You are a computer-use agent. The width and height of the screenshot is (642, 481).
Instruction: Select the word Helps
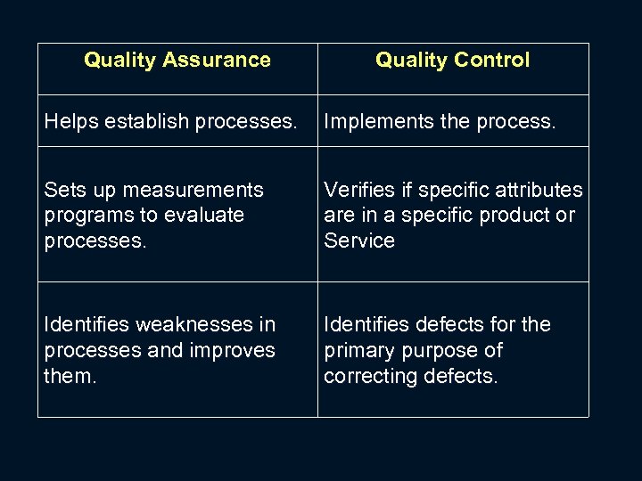pyautogui.click(x=69, y=121)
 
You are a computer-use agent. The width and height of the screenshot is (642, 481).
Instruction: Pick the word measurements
pyautogui.click(x=194, y=190)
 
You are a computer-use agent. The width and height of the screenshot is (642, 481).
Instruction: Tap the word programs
pyautogui.click(x=86, y=216)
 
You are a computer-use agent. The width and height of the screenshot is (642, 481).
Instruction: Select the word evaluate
pyautogui.click(x=204, y=216)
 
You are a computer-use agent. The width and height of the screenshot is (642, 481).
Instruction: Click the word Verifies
pyautogui.click(x=358, y=190)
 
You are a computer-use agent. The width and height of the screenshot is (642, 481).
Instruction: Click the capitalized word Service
pyautogui.click(x=358, y=240)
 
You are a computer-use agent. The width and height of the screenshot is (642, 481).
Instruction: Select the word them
pyautogui.click(x=68, y=376)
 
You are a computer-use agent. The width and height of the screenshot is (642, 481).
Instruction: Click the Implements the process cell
pyautogui.click(x=453, y=121)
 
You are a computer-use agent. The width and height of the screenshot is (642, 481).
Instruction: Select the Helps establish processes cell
pyautogui.click(x=177, y=121)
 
